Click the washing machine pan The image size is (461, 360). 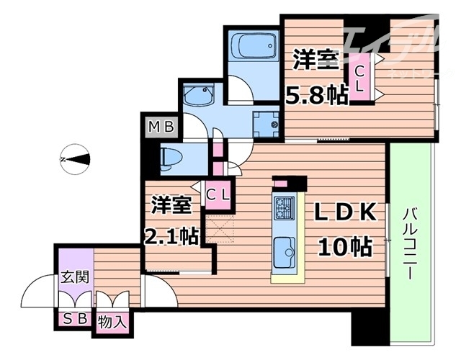(x=267, y=124)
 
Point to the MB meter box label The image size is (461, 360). (x=161, y=128)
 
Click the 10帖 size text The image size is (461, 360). (x=344, y=247)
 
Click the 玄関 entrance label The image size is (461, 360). (x=74, y=276)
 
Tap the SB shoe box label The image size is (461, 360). (x=74, y=319)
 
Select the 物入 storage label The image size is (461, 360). (x=112, y=319)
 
